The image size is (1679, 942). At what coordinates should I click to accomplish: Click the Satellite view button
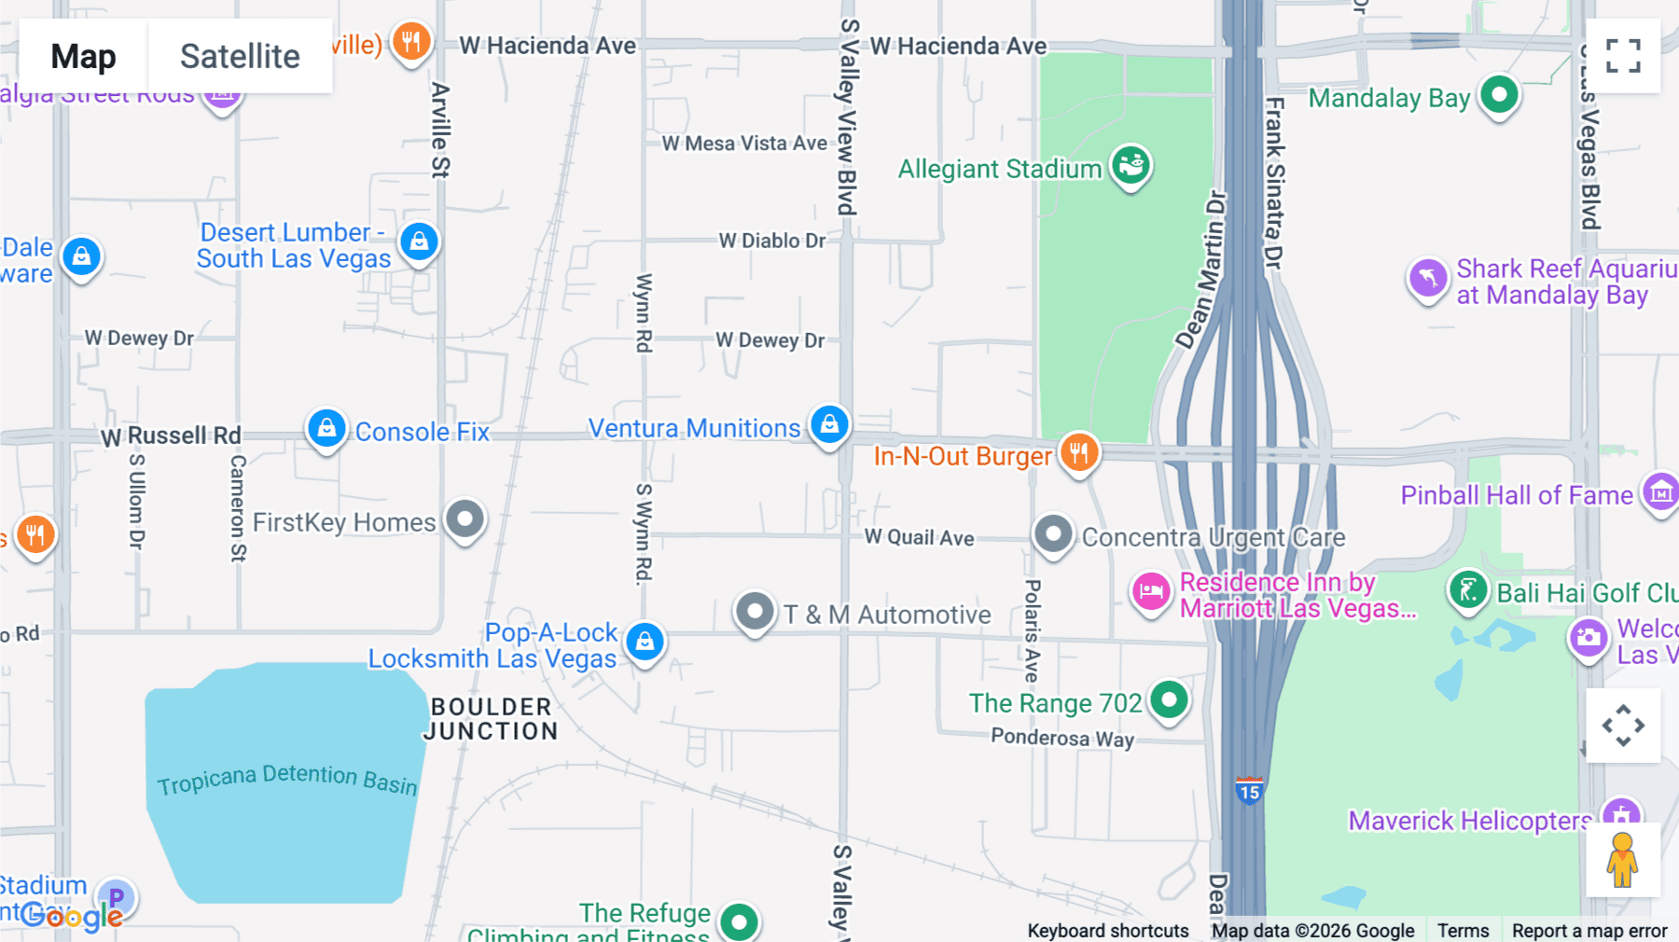(x=240, y=56)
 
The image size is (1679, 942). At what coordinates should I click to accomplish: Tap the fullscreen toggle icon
(x=1623, y=56)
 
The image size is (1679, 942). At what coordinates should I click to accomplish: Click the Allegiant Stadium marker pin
(x=1131, y=166)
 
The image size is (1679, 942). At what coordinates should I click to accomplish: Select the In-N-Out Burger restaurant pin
(x=1078, y=453)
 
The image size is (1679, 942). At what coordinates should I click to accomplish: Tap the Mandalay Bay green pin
(x=1499, y=94)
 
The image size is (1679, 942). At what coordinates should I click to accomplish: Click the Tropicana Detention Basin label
(x=286, y=779)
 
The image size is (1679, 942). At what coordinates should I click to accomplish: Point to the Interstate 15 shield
(x=1248, y=791)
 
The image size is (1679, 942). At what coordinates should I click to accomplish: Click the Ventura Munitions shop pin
(x=829, y=425)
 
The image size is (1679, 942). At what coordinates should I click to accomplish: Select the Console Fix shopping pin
(x=326, y=428)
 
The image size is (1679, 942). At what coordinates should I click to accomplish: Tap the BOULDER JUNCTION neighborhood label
(x=491, y=719)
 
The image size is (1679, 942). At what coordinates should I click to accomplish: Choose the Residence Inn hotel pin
(x=1151, y=591)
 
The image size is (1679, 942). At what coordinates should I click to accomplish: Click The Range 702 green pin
(x=1168, y=700)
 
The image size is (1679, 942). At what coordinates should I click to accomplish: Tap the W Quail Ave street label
(x=919, y=537)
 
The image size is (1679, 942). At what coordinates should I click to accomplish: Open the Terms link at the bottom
(x=1463, y=930)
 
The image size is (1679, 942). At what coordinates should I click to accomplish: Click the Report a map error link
(x=1589, y=930)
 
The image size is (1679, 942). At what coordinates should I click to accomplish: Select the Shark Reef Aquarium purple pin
(x=1427, y=278)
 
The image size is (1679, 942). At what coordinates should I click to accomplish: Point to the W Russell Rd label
(x=171, y=436)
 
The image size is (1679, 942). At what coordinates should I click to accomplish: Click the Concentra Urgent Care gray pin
(x=1053, y=534)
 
